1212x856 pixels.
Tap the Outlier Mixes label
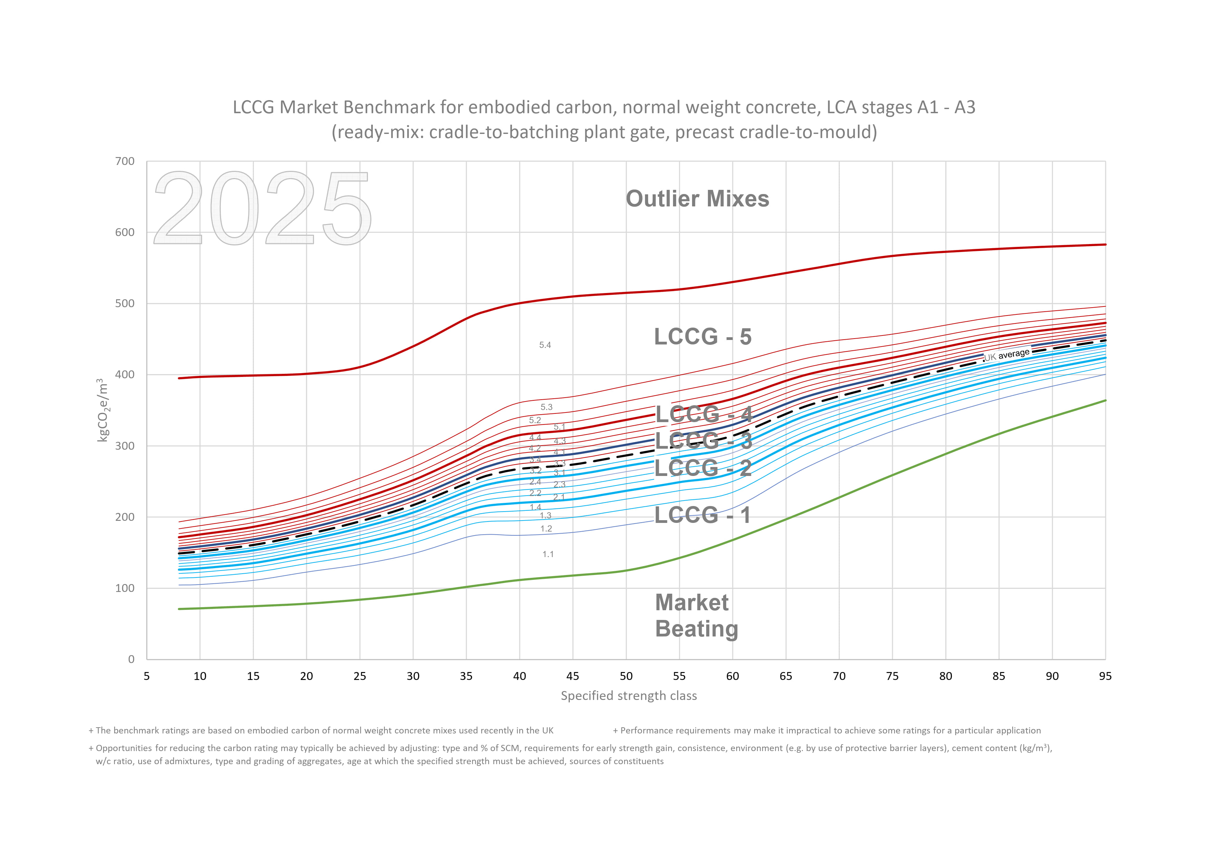697,199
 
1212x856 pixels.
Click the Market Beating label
696,615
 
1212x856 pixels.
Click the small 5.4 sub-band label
545,345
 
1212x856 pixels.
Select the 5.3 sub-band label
546,407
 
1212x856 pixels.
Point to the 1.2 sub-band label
546,528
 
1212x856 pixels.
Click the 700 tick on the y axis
125,162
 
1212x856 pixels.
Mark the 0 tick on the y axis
131,659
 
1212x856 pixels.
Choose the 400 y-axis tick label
125,374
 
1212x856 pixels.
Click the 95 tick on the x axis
1105,676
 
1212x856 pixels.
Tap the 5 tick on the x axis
147,676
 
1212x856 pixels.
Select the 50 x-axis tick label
626,676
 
